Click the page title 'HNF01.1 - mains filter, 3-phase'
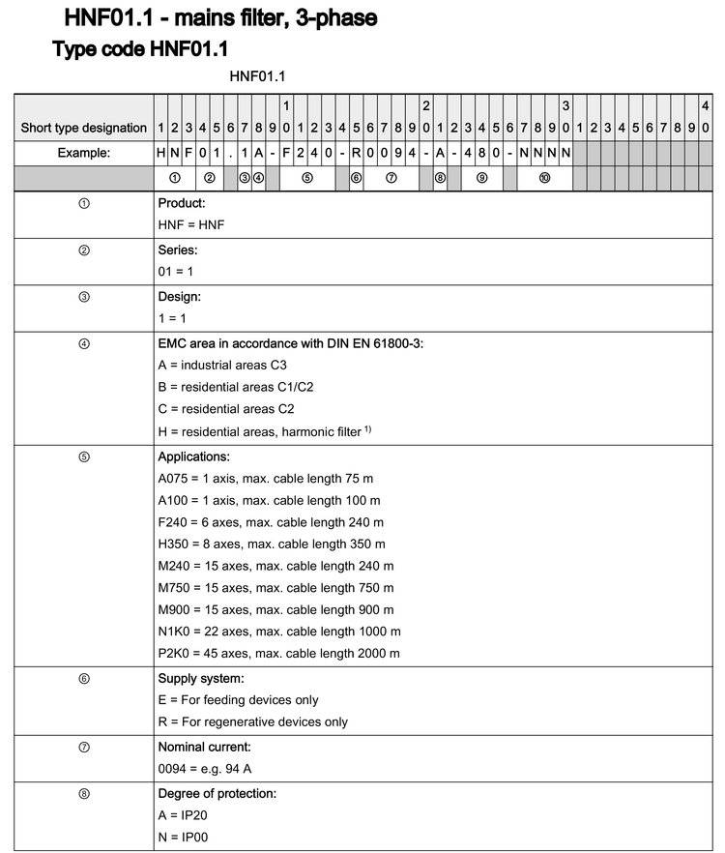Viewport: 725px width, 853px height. pos(220,17)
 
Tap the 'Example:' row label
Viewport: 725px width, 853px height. pos(83,153)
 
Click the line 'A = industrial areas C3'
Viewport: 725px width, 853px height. pos(222,365)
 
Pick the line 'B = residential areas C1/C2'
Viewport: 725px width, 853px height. pos(236,387)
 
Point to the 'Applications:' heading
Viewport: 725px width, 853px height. pos(194,456)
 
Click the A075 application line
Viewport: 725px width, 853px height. pos(266,478)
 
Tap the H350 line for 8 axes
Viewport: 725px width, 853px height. pos(273,544)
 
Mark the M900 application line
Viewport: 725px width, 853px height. pos(275,609)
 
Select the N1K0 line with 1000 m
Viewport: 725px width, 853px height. pos(279,632)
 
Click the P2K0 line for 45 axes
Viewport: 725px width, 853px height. pos(279,654)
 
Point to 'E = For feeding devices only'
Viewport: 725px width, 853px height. pos(238,699)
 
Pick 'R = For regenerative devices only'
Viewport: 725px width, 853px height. pos(253,721)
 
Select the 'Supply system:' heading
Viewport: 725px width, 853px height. pos(201,678)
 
